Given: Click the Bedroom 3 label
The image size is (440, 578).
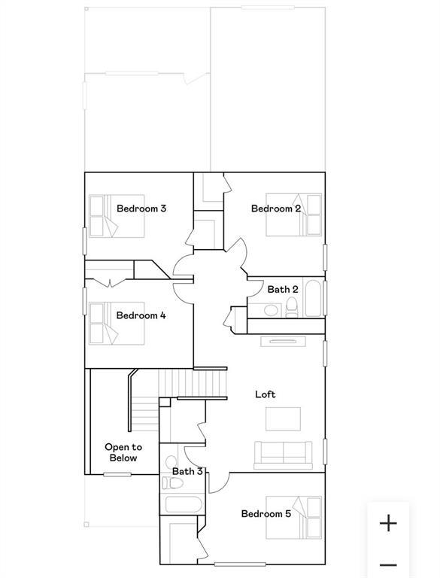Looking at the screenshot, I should [141, 208].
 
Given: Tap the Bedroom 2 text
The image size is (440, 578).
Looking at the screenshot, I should [276, 208].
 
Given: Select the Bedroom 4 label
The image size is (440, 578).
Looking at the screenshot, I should [141, 315].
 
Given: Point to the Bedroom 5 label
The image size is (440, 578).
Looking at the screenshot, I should [266, 514].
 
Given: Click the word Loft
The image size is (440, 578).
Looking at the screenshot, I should [266, 394].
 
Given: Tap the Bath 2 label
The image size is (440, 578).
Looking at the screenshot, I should [283, 289].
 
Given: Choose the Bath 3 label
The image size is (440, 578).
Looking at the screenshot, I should [187, 472].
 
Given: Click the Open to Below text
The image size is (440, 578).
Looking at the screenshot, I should [122, 452].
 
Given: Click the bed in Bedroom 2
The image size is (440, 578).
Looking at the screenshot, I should [307, 214].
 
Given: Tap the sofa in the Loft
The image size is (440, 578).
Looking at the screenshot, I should [283, 455].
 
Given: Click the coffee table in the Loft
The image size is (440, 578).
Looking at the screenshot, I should [283, 418].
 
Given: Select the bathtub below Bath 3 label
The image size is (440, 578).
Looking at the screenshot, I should [181, 506].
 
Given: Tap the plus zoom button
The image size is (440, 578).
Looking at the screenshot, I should [388, 523].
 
